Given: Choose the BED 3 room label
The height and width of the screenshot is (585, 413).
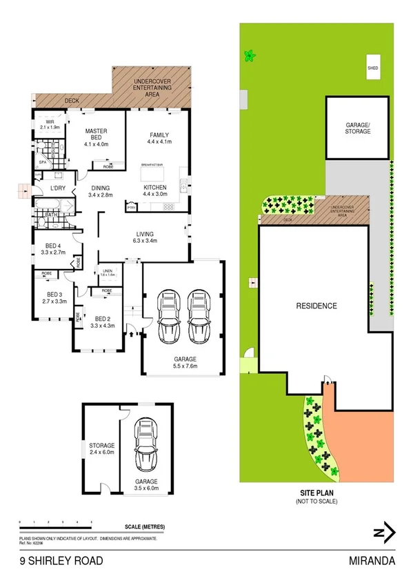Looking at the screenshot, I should [53, 298].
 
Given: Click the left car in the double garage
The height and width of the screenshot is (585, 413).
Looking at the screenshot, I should [168, 317].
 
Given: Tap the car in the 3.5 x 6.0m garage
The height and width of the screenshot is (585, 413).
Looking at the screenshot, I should [146, 446].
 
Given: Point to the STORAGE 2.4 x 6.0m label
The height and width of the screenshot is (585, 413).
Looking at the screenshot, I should [101, 459].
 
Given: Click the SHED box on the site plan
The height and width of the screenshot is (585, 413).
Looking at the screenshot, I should [373, 68].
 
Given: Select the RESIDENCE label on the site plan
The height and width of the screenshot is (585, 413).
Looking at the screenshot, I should [316, 306].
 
